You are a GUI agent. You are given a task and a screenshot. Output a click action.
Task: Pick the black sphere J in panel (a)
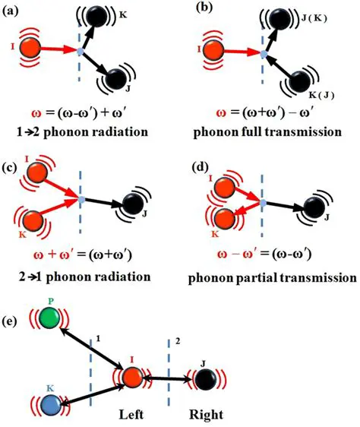117,77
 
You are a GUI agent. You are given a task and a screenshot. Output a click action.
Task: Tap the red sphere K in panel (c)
33,221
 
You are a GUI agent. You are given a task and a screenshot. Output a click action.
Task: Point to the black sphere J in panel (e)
204,377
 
